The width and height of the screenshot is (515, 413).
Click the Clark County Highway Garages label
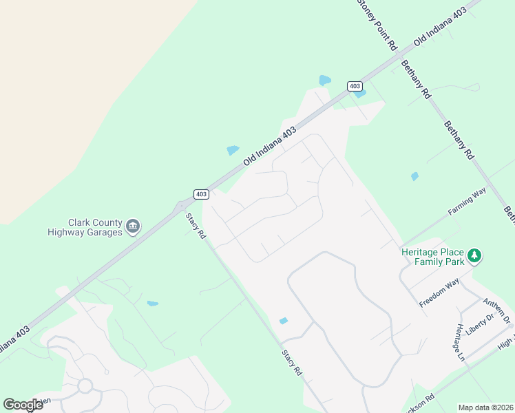(x=85, y=227)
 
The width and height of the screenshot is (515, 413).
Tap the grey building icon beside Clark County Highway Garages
(x=133, y=225)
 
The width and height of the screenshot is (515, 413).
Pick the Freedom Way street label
(x=439, y=293)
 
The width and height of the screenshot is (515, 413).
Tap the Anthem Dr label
(x=496, y=310)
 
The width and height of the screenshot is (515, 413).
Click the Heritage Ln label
(x=459, y=342)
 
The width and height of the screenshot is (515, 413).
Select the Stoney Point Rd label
(x=377, y=24)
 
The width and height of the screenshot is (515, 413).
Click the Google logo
(x=23, y=405)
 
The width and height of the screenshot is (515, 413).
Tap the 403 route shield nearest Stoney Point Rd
(x=355, y=86)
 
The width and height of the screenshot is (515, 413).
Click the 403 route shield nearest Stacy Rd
(x=201, y=194)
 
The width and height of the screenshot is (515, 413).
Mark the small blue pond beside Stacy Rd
(x=283, y=321)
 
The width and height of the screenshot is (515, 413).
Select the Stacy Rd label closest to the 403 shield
(x=196, y=225)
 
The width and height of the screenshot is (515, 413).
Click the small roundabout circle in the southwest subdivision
(x=85, y=385)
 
